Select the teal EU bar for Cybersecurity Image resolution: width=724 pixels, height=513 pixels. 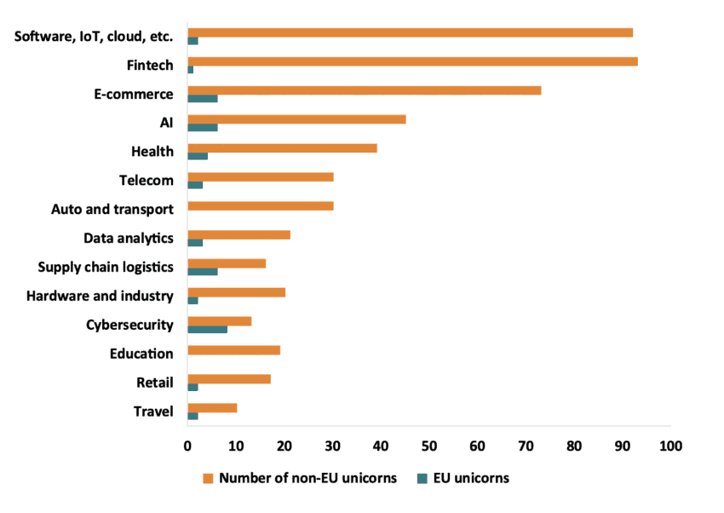pos(207,329)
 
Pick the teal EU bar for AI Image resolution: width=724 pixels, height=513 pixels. pos(202,127)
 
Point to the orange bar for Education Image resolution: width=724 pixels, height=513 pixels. pos(233,350)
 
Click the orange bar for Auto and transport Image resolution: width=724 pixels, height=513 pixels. pos(260,205)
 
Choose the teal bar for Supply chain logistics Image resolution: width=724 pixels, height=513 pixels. pos(202,271)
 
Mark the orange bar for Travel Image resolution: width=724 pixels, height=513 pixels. pos(212,408)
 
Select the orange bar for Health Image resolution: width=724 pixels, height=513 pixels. pos(282,148)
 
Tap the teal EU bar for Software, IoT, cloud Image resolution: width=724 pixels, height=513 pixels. pos(192,41)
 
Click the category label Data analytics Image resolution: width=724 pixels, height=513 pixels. pos(129,239)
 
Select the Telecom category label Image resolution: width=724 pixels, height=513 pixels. pos(147,181)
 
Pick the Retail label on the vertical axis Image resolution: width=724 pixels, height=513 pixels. pos(155,383)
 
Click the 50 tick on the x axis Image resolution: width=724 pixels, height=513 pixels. pos(428,445)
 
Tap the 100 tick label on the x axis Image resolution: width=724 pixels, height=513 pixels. pos(670,445)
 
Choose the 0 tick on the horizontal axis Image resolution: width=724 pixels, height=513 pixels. pos(187,445)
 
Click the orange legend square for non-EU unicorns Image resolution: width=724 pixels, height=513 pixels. pos(208,478)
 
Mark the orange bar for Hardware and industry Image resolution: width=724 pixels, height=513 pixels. pos(236,292)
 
